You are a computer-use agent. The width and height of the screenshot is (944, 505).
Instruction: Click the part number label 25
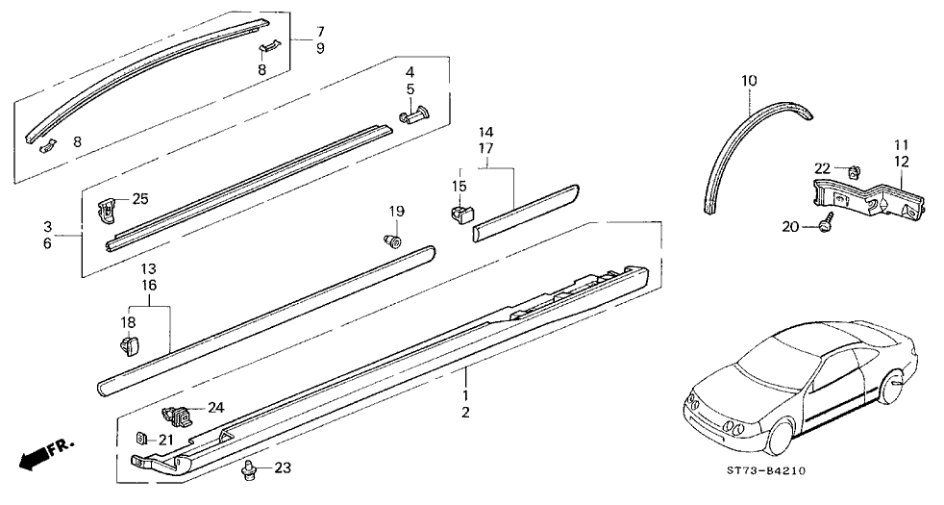point(140,199)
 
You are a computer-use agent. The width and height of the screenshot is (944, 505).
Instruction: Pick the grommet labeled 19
point(393,238)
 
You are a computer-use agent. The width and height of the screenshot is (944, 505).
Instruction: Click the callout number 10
point(749,80)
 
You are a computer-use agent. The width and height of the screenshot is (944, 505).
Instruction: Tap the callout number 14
point(485,131)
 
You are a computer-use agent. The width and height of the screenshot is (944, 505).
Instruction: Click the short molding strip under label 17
point(525,206)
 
